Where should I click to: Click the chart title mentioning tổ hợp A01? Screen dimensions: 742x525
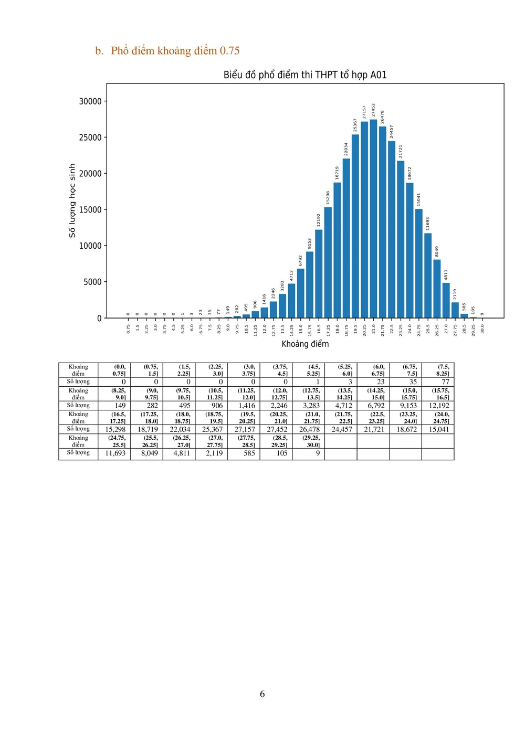pos(305,75)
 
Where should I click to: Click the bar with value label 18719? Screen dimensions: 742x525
pos(337,251)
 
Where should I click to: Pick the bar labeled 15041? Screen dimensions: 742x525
pos(419,264)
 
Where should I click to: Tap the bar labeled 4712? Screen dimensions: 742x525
pos(291,301)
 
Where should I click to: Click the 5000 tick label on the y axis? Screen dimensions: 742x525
pos(92,282)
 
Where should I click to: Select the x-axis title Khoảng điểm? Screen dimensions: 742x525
pos(305,344)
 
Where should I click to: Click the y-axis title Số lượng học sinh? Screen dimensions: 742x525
pos(72,200)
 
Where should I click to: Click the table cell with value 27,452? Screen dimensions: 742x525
pos(277,429)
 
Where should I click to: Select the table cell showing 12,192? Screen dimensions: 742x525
pos(439,406)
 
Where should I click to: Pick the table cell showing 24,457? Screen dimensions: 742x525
pos(342,429)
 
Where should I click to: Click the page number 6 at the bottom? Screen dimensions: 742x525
pos(262,694)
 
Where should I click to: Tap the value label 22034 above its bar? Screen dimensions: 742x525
pos(346,149)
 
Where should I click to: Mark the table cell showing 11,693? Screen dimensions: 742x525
pos(115,453)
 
